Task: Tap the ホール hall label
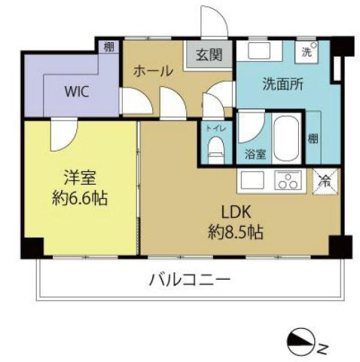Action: point(153,71)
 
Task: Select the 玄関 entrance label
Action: point(209,55)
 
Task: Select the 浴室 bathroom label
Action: point(255,155)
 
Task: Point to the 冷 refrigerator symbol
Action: point(325,182)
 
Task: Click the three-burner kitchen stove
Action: point(288,181)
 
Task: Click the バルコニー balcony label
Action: point(189,281)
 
